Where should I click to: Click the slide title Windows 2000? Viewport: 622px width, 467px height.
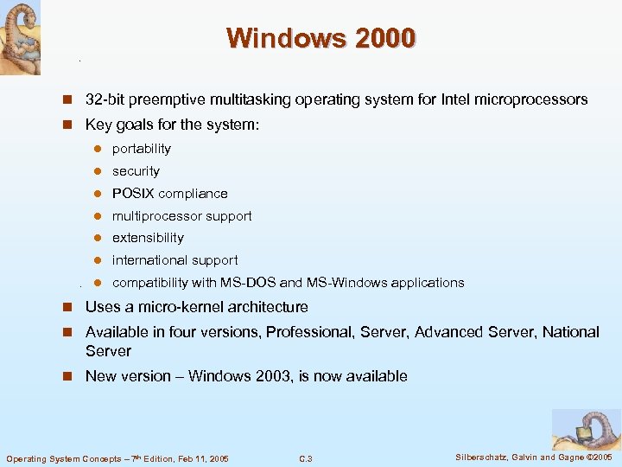(321, 38)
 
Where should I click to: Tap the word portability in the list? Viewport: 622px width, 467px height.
(142, 149)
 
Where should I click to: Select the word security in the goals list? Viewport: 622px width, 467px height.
(136, 171)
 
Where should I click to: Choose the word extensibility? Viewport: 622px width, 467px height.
(148, 238)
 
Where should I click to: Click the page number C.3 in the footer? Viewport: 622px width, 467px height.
(305, 458)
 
